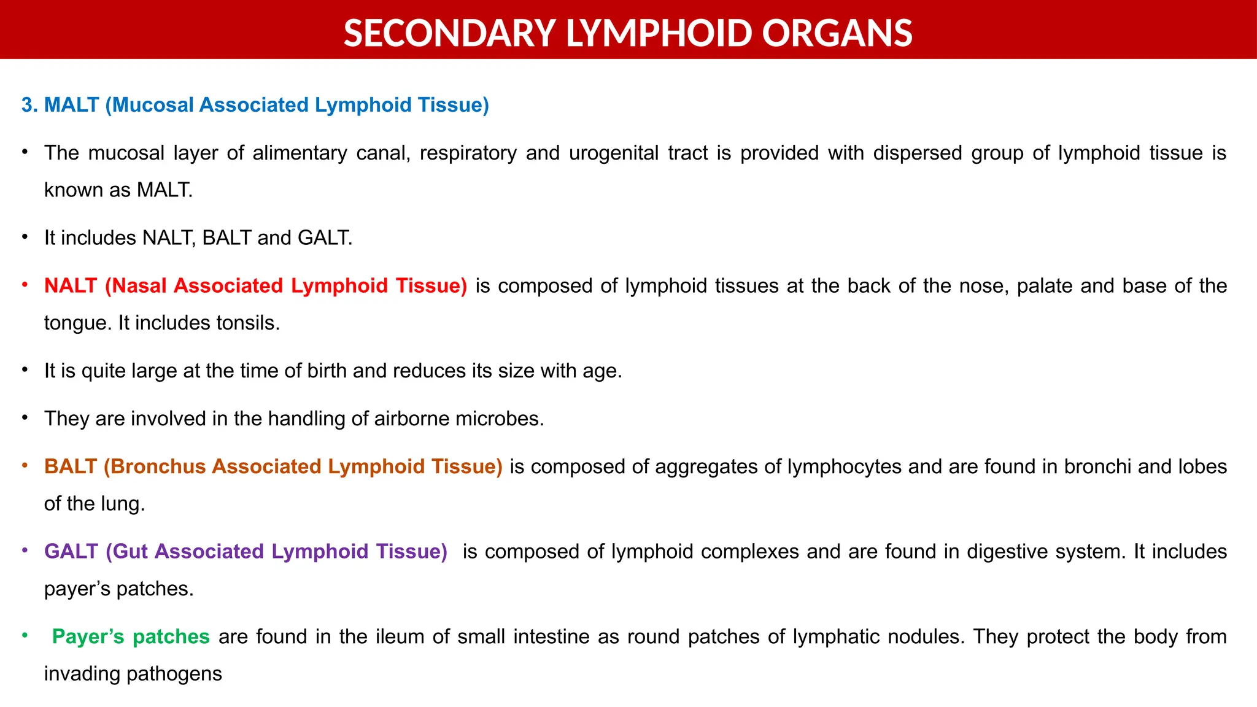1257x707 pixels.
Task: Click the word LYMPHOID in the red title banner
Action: (658, 33)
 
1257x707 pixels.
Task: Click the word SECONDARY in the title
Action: (449, 33)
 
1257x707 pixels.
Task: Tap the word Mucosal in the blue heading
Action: (153, 105)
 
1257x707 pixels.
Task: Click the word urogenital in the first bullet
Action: (614, 153)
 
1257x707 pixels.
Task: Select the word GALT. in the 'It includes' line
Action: (325, 238)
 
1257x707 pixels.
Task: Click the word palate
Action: (1044, 286)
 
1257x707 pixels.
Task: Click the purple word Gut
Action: (127, 551)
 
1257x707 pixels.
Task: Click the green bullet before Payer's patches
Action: (25, 635)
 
